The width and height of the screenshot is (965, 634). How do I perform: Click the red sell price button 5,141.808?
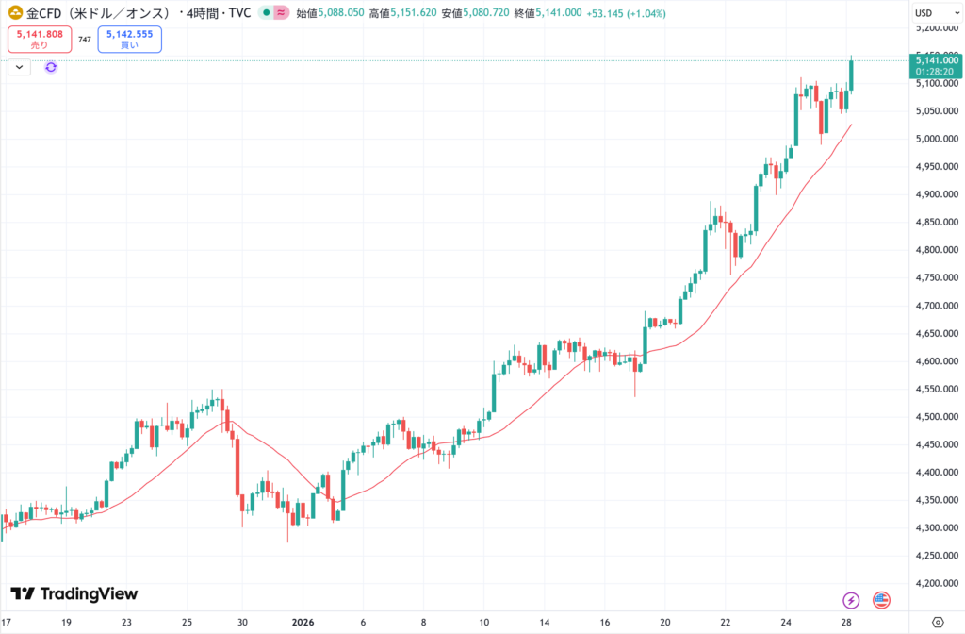40,39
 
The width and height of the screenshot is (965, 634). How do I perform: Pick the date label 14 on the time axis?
544,623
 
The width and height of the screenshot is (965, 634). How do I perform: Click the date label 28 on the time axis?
846,623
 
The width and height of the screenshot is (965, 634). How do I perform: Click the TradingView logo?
74,593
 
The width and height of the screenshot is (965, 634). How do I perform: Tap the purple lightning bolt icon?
851,600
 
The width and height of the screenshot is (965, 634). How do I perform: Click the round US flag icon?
882,600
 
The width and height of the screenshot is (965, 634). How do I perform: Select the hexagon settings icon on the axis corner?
937,623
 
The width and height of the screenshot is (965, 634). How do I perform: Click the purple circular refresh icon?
51,67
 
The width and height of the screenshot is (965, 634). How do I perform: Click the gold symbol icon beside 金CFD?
15,13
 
